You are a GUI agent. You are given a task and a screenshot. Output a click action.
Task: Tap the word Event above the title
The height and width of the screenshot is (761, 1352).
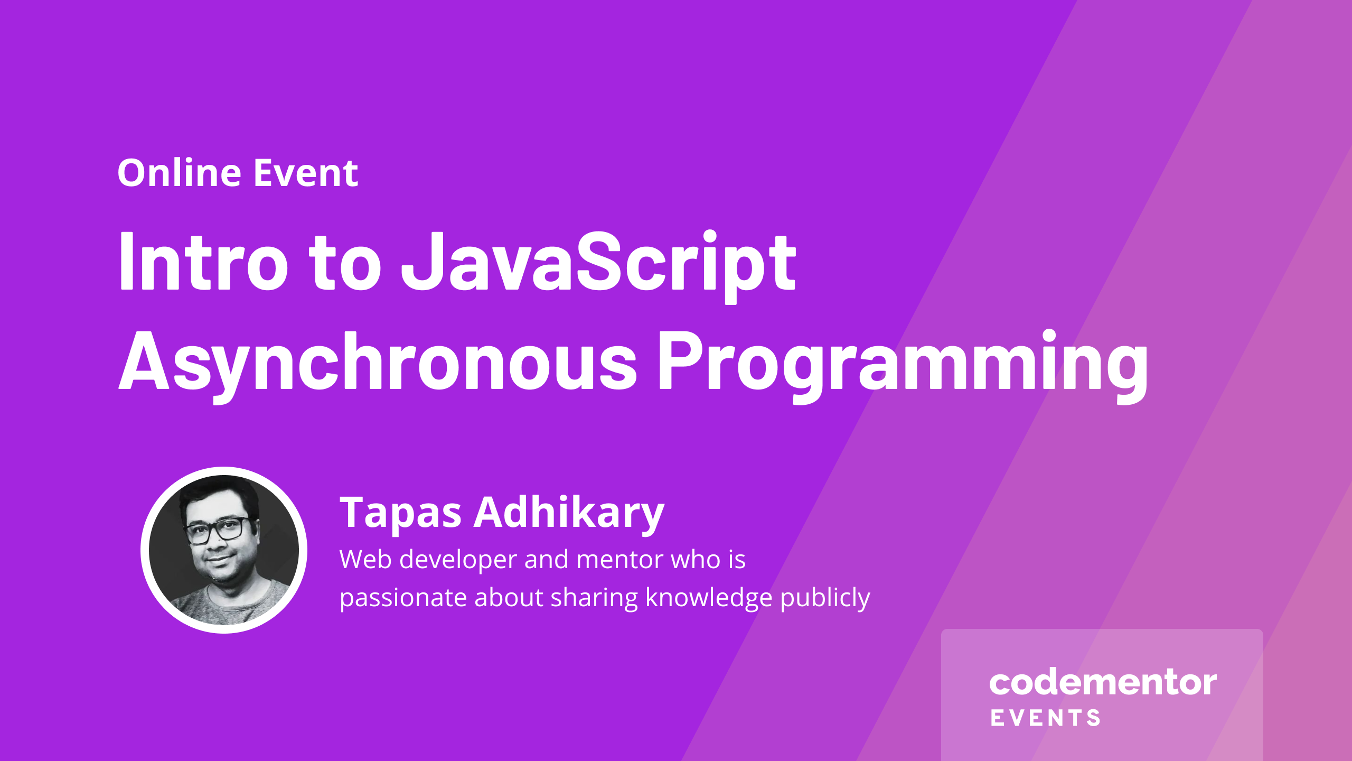306,173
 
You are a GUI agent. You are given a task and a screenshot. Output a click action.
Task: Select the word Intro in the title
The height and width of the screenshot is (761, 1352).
204,261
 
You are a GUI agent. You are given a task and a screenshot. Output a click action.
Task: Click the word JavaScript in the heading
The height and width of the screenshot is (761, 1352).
598,267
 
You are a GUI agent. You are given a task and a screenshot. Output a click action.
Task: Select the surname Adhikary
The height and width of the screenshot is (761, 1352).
569,514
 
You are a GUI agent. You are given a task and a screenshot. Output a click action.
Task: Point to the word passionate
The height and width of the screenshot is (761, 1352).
404,598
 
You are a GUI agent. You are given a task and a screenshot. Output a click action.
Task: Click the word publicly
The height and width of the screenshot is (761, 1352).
825,598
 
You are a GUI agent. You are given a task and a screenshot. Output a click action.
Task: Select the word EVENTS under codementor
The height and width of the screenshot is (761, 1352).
1046,718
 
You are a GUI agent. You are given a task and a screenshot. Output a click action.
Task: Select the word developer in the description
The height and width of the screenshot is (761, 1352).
458,560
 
